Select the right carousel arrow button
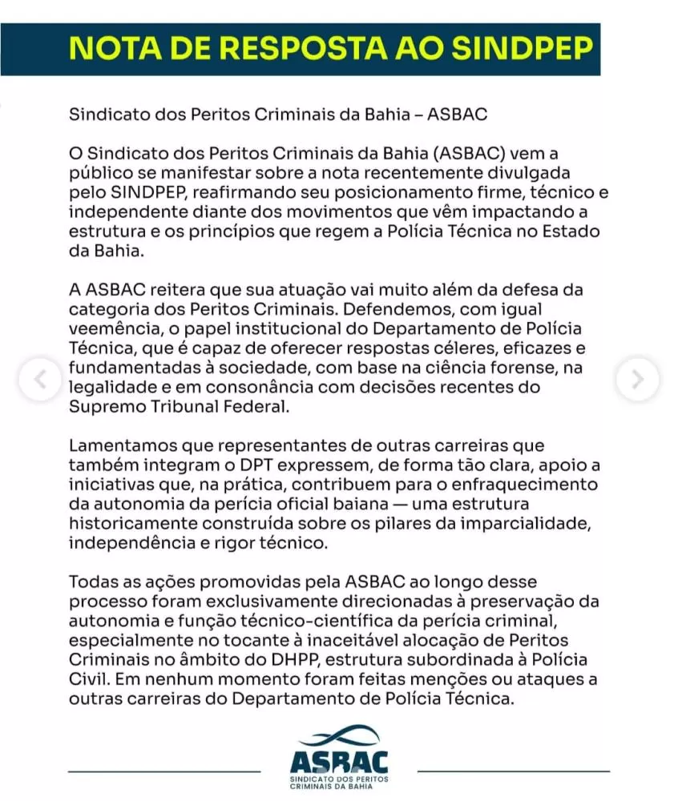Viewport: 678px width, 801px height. point(638,379)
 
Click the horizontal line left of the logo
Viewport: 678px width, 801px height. point(165,771)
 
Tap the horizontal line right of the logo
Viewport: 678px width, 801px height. point(513,771)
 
